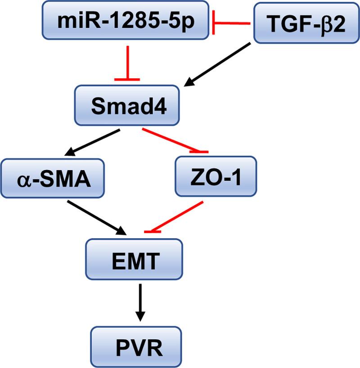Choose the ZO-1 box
click(216, 176)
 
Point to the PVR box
click(136, 346)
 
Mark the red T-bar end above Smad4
click(127, 79)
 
